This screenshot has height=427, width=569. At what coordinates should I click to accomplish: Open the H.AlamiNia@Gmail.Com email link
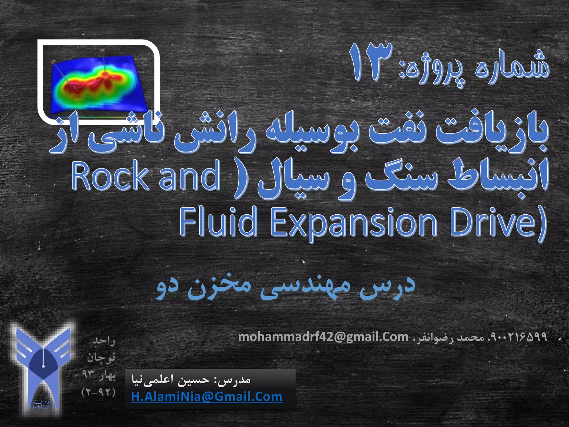[x=206, y=396]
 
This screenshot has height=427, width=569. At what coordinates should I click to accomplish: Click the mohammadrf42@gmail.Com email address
[x=323, y=337]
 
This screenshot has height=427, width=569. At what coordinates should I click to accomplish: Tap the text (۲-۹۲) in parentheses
[x=98, y=393]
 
